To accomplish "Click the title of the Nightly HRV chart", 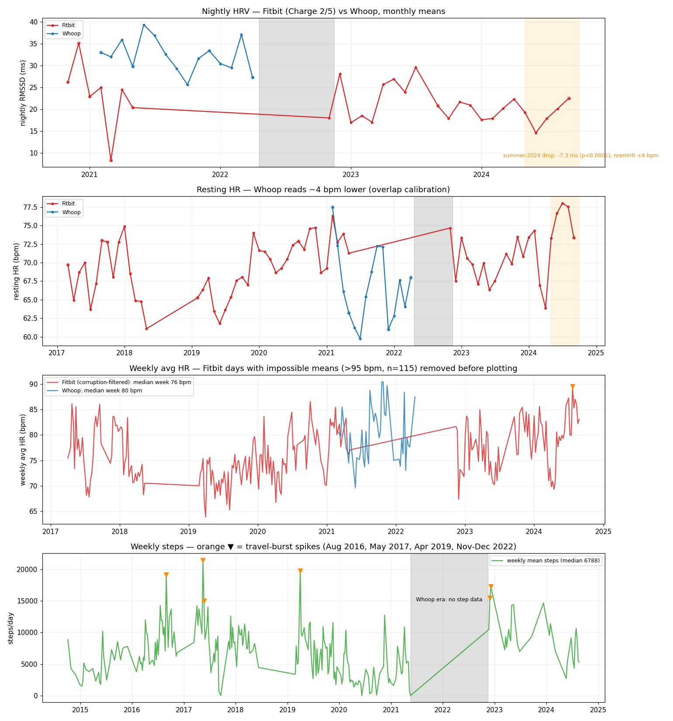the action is pyautogui.click(x=323, y=11).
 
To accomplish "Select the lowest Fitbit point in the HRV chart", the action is pyautogui.click(x=111, y=160).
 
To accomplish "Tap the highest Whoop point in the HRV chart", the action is pyautogui.click(x=144, y=25).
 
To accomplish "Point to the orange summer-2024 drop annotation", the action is pyautogui.click(x=580, y=156).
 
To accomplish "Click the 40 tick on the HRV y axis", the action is pyautogui.click(x=34, y=22).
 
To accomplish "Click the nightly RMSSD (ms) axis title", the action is pyautogui.click(x=23, y=93).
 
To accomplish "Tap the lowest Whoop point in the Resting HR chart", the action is pyautogui.click(x=360, y=339).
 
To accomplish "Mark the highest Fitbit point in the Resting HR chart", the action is pyautogui.click(x=562, y=203).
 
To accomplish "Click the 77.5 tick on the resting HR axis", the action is pyautogui.click(x=30, y=207).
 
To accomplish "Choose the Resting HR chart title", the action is pyautogui.click(x=323, y=190).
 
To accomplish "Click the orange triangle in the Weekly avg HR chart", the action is pyautogui.click(x=572, y=387).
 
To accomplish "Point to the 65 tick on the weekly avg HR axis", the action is pyautogui.click(x=34, y=512).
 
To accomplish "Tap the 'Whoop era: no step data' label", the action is pyautogui.click(x=449, y=600).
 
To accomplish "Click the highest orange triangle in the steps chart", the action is pyautogui.click(x=203, y=561).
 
